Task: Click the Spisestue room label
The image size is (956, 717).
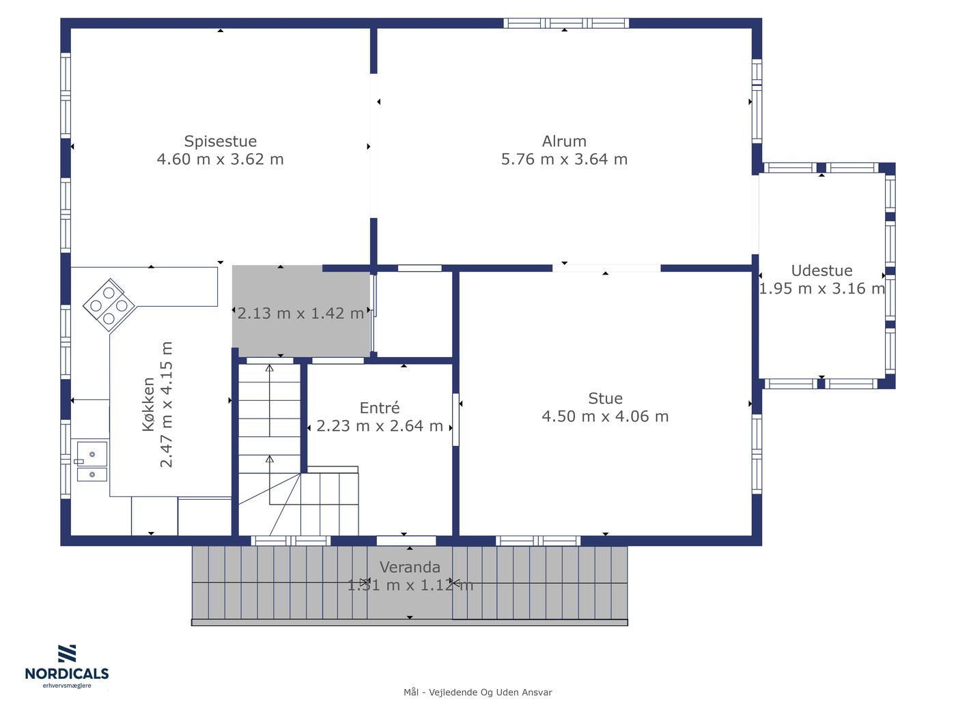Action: (x=220, y=141)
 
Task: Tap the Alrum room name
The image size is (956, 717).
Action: (x=564, y=141)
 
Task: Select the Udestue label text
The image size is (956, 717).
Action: (x=821, y=270)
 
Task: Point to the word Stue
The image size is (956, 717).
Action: (x=605, y=398)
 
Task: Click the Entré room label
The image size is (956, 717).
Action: (x=380, y=408)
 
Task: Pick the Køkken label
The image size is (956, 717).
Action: (x=148, y=404)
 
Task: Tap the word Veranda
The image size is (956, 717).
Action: (x=410, y=567)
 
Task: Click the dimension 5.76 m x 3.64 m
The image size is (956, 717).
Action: (x=564, y=159)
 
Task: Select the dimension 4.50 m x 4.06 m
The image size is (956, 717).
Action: (x=605, y=417)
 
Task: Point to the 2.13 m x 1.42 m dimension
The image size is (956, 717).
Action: (x=300, y=313)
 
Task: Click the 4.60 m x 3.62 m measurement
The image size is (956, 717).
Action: (x=220, y=159)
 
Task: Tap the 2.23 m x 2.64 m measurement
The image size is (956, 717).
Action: (x=380, y=425)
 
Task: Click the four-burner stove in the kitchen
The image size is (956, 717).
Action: (x=109, y=305)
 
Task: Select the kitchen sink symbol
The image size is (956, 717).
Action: (x=92, y=462)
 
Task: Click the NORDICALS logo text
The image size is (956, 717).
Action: (x=67, y=673)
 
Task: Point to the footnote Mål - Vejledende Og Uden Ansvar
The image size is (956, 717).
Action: (x=477, y=692)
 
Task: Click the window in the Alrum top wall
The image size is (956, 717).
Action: (x=566, y=23)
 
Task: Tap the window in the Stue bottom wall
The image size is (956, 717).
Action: (x=538, y=541)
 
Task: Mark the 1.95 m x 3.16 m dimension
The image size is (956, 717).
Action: (x=821, y=289)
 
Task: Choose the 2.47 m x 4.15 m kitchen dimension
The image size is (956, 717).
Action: (x=167, y=404)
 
